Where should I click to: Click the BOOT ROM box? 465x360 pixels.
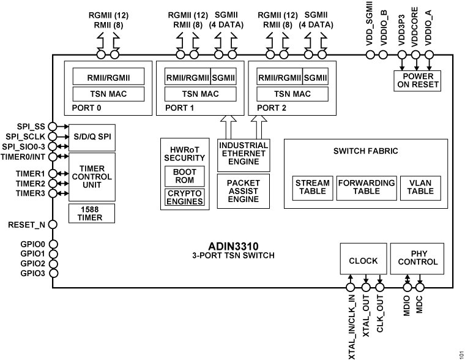[184, 176]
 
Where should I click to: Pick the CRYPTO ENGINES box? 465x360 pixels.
[184, 197]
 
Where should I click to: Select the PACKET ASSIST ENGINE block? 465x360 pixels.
[243, 191]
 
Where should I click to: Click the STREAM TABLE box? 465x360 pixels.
[312, 187]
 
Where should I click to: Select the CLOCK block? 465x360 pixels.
[363, 260]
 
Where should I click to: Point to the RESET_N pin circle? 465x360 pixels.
[53, 225]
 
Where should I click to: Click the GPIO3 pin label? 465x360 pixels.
[32, 274]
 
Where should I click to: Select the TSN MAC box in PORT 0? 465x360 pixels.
[109, 94]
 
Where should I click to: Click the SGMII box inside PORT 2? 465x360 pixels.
[315, 77]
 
